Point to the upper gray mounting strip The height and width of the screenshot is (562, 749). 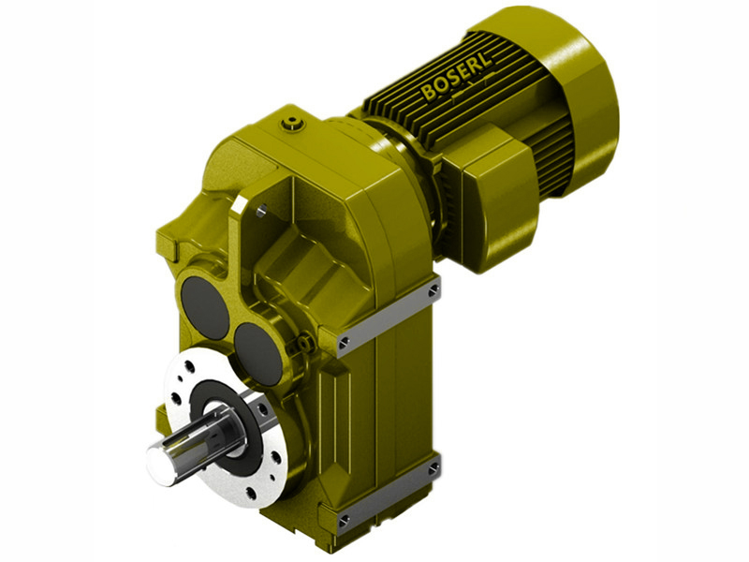pyautogui.click(x=389, y=316)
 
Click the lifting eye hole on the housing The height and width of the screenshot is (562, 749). pyautogui.click(x=262, y=212)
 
